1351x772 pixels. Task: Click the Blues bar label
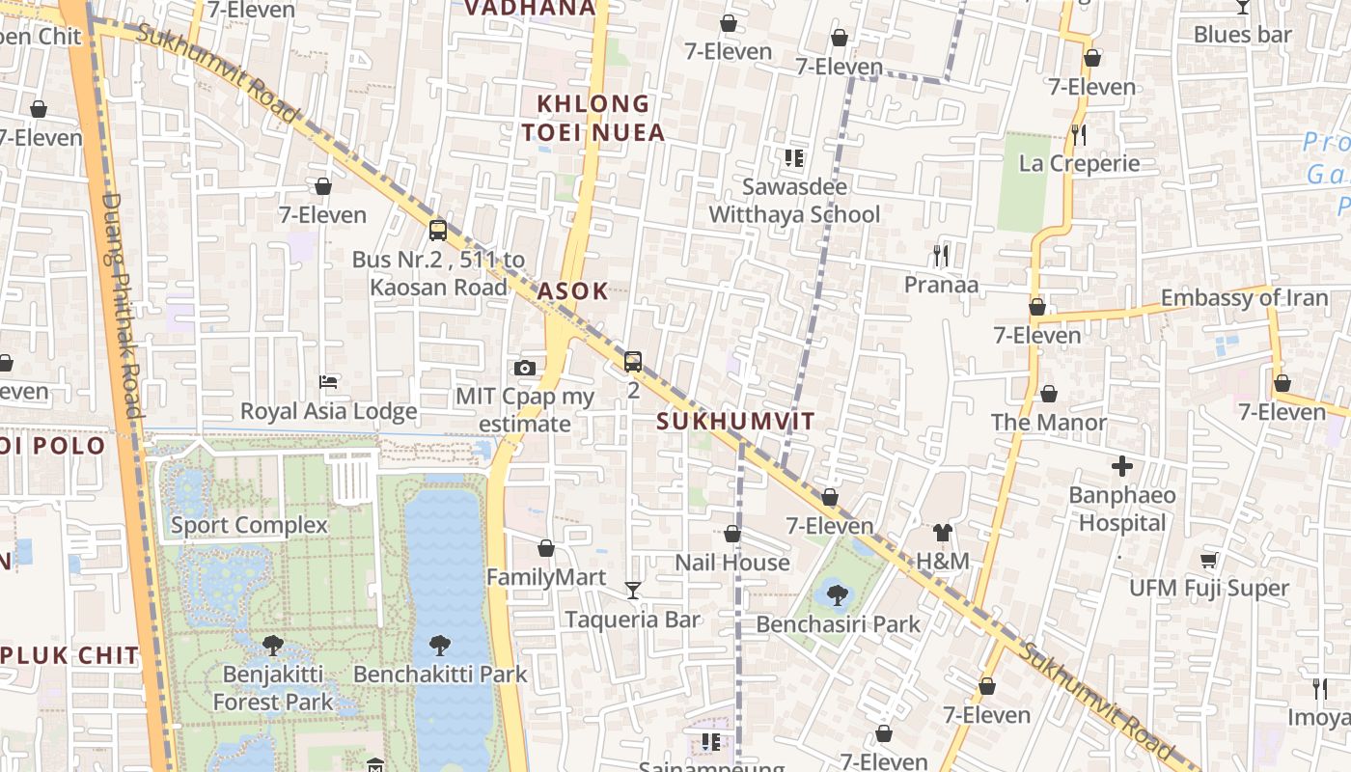tap(1242, 35)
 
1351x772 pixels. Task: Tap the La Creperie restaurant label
tap(1079, 163)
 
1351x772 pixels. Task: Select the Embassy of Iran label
tap(1244, 298)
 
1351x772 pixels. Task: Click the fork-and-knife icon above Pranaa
tap(941, 256)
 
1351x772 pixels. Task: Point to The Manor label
tap(1048, 422)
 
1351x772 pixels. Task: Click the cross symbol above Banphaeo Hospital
tap(1121, 467)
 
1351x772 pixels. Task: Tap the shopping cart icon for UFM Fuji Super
tap(1208, 560)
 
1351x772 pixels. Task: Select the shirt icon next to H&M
tap(942, 533)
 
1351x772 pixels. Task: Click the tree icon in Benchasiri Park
tap(838, 594)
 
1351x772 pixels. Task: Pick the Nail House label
tap(731, 563)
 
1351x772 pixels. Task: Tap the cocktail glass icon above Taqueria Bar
tap(632, 590)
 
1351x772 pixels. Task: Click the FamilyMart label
tap(545, 577)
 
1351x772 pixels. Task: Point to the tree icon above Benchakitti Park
tap(440, 645)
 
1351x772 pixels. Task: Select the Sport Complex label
tap(249, 525)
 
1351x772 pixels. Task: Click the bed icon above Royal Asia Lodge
tap(328, 382)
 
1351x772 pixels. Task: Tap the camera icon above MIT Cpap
tap(525, 368)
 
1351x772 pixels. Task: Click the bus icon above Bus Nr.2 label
tap(438, 230)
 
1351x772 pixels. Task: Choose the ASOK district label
tap(573, 290)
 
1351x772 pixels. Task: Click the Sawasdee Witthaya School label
tap(794, 201)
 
